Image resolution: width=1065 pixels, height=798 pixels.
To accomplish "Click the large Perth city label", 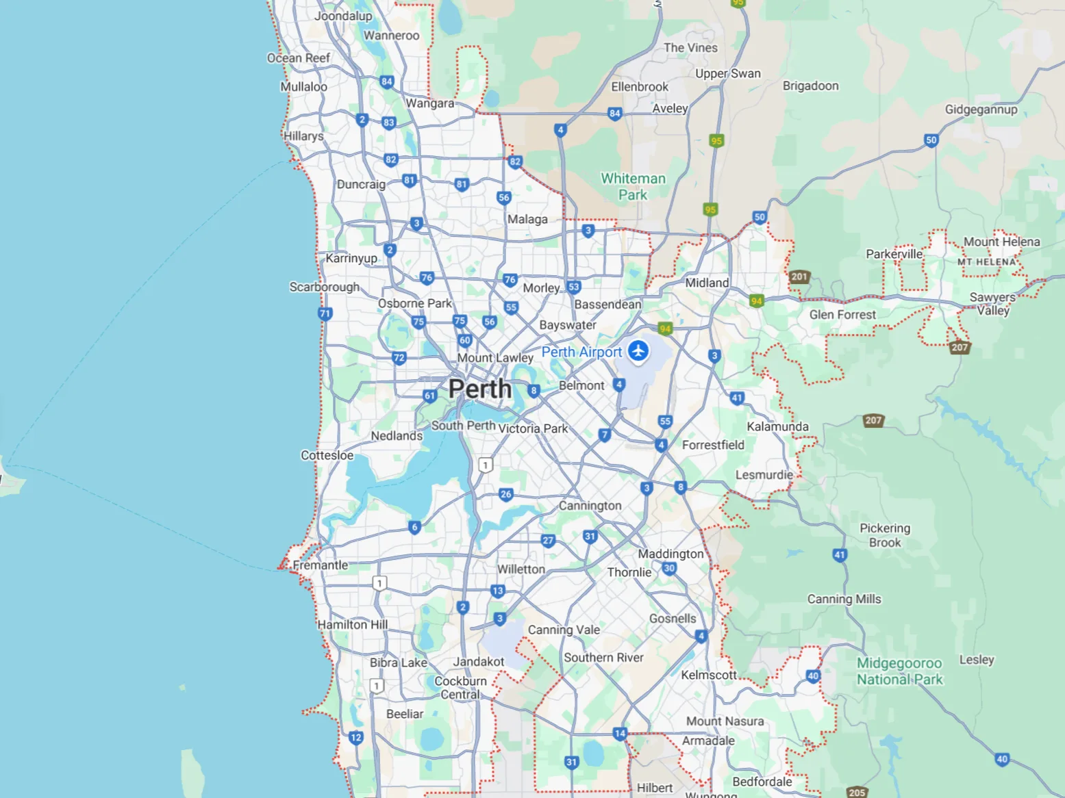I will pos(480,389).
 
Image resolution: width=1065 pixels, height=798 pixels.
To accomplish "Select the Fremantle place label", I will pos(321,565).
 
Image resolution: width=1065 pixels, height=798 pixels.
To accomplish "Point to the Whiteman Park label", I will pos(633,187).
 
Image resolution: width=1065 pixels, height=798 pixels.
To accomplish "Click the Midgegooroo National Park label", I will pos(899,671).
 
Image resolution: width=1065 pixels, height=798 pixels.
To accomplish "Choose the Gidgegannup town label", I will pos(981,110).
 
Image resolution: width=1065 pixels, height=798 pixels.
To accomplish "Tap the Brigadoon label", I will pos(810,86).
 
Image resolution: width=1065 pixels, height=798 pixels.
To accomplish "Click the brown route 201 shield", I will pos(799,277).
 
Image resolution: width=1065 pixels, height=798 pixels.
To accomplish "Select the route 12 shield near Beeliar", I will pos(355,737).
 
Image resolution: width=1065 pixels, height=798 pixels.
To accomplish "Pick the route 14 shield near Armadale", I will pos(620,734).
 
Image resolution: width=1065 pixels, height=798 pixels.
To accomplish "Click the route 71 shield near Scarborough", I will pos(325,314).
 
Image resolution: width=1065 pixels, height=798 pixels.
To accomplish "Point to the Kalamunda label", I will pos(777,427).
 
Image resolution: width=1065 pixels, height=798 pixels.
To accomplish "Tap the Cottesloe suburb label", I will pos(327,456).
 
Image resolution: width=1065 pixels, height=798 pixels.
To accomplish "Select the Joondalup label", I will pos(343,16).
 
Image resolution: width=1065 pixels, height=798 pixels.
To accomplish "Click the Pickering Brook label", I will pos(885,535).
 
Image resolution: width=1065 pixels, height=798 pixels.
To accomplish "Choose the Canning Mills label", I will pos(844,600).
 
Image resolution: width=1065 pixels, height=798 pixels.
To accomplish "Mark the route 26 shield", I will pos(506,494).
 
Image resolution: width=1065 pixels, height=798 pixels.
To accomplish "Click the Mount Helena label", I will pos(1001,242).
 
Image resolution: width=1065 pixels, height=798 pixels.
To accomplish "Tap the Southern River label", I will pos(603,658).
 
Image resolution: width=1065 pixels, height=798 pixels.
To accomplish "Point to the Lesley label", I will pos(976,660).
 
